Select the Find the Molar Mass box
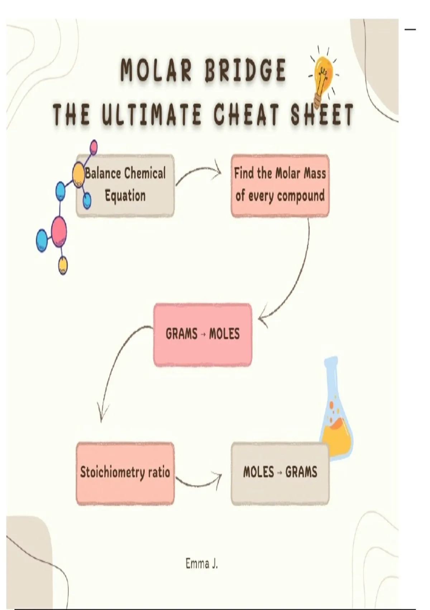pyautogui.click(x=280, y=185)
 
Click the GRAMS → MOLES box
pyautogui.click(x=202, y=334)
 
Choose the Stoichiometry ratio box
pyautogui.click(x=125, y=473)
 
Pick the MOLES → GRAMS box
pyautogui.click(x=280, y=473)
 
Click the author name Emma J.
pyautogui.click(x=201, y=564)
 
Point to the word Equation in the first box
pyautogui.click(x=125, y=196)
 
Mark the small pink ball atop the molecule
pyautogui.click(x=93, y=146)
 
